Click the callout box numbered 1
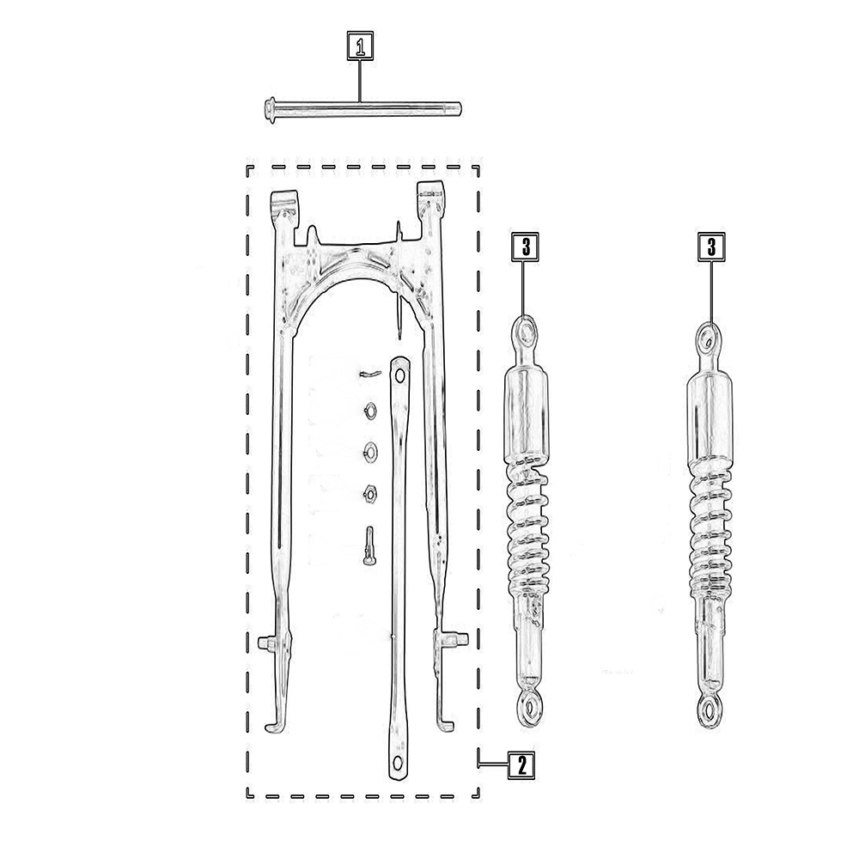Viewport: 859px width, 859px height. (360, 46)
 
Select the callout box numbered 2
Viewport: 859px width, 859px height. (521, 765)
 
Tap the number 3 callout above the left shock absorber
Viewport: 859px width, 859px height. (526, 247)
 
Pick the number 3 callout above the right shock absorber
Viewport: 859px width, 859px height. (711, 247)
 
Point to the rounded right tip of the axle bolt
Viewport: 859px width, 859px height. (458, 110)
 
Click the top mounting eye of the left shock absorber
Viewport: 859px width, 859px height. (526, 332)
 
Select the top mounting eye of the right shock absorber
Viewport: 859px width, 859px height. (709, 339)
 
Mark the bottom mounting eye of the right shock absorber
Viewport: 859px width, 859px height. (710, 713)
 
